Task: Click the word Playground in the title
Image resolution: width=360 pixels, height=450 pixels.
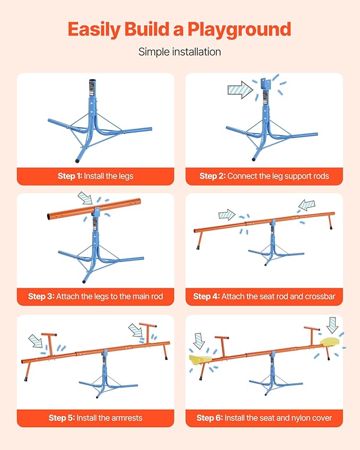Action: [239, 30]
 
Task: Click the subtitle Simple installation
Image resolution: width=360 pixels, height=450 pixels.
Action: [180, 52]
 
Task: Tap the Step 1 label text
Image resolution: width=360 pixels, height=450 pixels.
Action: [95, 176]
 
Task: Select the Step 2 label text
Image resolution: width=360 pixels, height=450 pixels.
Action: [264, 176]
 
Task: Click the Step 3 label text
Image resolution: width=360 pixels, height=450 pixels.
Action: [95, 296]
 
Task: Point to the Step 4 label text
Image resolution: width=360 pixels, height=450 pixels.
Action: [264, 296]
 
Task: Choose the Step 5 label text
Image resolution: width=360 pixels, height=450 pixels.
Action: [95, 418]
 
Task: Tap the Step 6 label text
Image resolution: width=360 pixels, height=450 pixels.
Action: [264, 418]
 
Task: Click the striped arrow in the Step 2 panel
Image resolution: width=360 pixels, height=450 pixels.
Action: [240, 90]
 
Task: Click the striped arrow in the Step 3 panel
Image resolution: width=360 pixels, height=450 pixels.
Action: [85, 198]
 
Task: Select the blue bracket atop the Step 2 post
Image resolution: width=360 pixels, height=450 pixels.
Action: [266, 84]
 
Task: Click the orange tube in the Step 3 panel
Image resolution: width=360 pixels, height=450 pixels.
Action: [94, 209]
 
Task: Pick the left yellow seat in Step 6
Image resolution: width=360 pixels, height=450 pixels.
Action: [200, 358]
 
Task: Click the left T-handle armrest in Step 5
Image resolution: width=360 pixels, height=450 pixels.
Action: [49, 344]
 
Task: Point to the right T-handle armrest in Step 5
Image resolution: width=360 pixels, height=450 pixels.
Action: [148, 333]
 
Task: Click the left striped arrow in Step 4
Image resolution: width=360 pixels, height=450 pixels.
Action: [227, 215]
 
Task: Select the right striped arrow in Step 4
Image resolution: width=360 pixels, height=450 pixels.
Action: [306, 205]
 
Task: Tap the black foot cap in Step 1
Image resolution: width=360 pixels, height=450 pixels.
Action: [77, 161]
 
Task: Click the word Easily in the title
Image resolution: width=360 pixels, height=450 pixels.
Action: [94, 30]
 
